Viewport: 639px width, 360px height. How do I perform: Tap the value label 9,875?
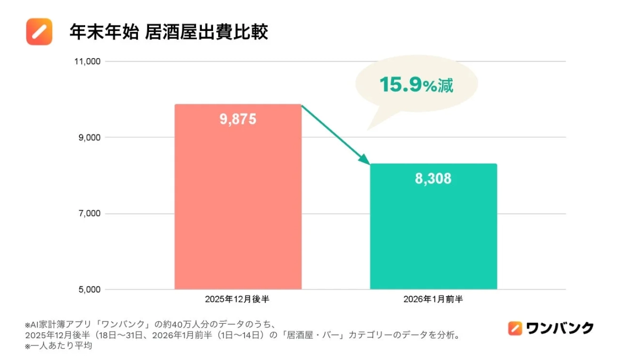(x=238, y=119)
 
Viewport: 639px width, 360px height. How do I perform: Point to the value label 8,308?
(x=433, y=179)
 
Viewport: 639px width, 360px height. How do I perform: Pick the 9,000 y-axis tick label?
(x=88, y=137)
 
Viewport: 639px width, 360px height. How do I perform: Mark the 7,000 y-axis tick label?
(x=88, y=214)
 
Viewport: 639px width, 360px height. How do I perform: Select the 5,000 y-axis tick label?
(x=88, y=290)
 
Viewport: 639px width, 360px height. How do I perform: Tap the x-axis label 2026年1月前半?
(x=433, y=299)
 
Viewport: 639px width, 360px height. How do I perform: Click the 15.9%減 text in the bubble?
(x=416, y=85)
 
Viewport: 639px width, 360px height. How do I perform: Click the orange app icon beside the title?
(x=39, y=32)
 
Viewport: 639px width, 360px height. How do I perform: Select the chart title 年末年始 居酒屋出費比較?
(x=168, y=32)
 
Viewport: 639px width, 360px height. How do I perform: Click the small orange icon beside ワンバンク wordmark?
(x=515, y=328)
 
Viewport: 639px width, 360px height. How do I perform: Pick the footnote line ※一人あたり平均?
(x=59, y=346)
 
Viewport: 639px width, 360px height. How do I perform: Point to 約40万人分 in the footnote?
(x=181, y=324)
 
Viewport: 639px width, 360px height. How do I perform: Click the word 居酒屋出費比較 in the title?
(x=207, y=32)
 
